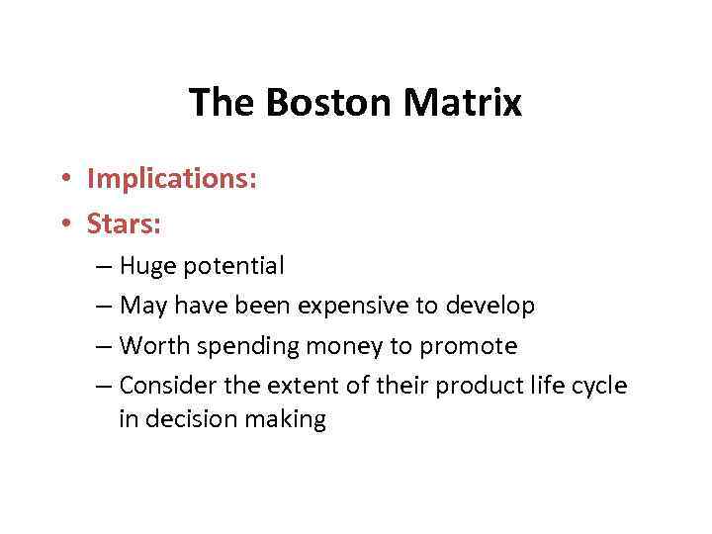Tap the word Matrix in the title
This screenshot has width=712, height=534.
(461, 102)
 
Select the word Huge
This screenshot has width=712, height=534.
(146, 266)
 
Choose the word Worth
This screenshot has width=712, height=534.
(150, 346)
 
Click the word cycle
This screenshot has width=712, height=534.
(597, 386)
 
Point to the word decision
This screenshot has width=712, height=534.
(185, 419)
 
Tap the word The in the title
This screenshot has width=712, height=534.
(216, 102)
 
